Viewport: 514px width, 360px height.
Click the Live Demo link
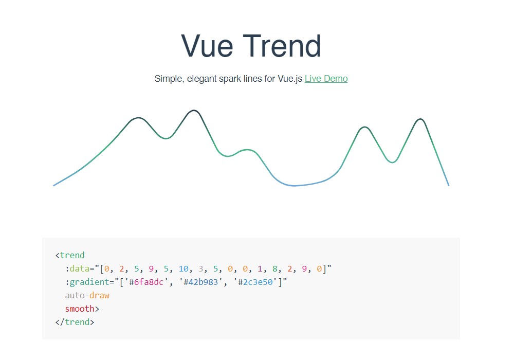click(326, 79)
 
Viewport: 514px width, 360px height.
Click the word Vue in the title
click(207, 46)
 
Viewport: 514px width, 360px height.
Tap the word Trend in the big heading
click(282, 46)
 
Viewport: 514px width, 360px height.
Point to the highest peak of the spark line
click(194, 111)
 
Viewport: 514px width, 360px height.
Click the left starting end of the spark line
click(54, 186)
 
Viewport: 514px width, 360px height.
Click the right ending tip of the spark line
click(449, 186)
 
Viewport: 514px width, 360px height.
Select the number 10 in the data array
click(183, 269)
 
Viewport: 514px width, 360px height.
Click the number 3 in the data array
click(200, 269)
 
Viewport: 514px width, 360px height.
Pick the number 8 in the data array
click(274, 269)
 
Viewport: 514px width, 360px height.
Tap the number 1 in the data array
click(260, 269)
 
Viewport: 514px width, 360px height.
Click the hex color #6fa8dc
click(146, 282)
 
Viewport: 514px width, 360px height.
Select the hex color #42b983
click(200, 282)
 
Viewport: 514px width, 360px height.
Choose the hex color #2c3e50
click(255, 282)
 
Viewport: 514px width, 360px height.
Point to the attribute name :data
click(78, 269)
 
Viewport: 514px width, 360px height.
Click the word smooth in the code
click(80, 309)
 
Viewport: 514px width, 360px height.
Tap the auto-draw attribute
click(87, 295)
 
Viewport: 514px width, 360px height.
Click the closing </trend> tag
click(75, 322)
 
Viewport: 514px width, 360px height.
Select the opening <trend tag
click(70, 255)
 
